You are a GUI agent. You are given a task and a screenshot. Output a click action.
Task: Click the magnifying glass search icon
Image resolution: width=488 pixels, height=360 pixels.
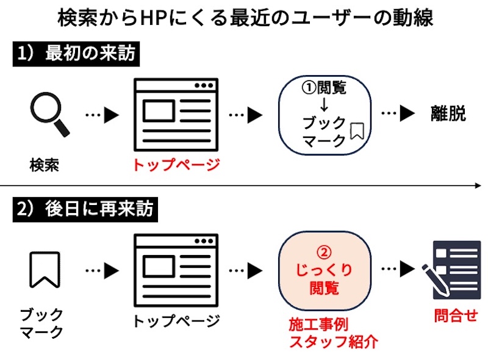(x=49, y=114)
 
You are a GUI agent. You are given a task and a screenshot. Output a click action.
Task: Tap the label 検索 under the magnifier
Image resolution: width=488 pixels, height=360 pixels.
(x=45, y=165)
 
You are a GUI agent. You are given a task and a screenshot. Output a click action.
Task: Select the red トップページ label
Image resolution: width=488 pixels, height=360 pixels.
(x=175, y=165)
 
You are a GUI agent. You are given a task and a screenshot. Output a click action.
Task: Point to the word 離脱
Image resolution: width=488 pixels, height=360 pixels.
(x=448, y=114)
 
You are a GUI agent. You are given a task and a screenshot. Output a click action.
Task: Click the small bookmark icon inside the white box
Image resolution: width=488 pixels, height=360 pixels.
(x=356, y=131)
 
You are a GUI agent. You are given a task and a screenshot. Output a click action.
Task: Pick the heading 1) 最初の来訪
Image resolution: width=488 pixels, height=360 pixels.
(x=77, y=55)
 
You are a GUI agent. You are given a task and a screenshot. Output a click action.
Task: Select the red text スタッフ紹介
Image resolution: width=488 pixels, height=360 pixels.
(x=333, y=342)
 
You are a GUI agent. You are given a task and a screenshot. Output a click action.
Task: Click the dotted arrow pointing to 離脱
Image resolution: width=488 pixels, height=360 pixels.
(x=398, y=114)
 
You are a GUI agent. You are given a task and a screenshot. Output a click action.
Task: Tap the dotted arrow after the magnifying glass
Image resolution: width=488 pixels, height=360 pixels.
(x=101, y=115)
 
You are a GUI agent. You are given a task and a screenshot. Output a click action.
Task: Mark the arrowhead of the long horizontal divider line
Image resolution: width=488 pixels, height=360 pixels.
(x=479, y=185)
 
